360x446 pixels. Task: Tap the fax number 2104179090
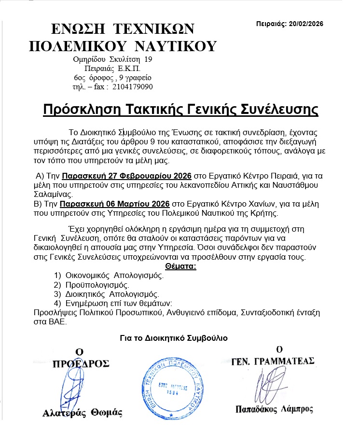tap(133, 87)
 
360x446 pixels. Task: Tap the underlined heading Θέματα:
tap(180, 266)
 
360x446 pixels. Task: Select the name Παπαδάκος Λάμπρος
tap(274, 410)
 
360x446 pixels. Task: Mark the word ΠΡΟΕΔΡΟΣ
tap(81, 363)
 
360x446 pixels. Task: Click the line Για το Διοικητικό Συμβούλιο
tap(180, 338)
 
